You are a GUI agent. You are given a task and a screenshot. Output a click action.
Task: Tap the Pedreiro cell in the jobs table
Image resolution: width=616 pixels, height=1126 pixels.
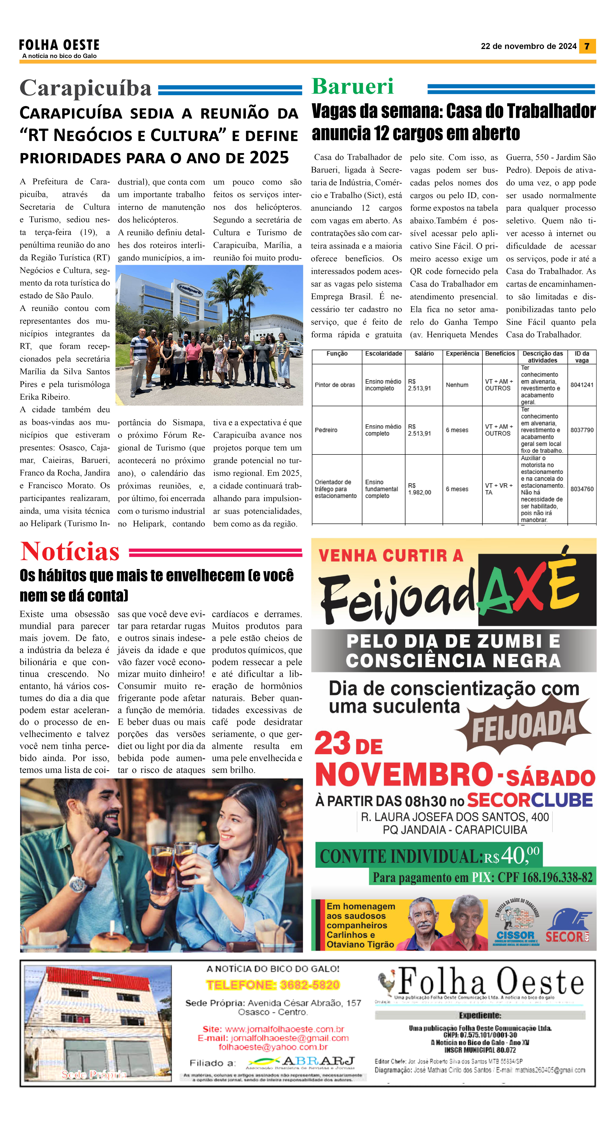coord(326,430)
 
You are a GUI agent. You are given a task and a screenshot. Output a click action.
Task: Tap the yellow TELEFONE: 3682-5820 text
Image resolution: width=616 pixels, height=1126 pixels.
coord(273,985)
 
